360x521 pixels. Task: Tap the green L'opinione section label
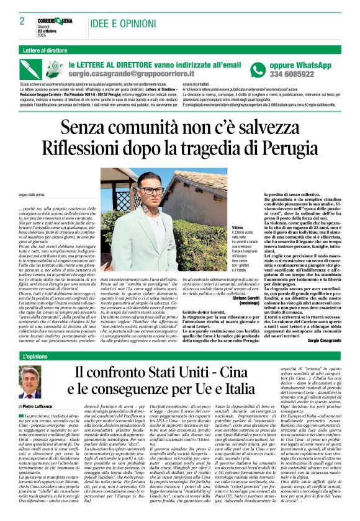(x=39, y=356)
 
